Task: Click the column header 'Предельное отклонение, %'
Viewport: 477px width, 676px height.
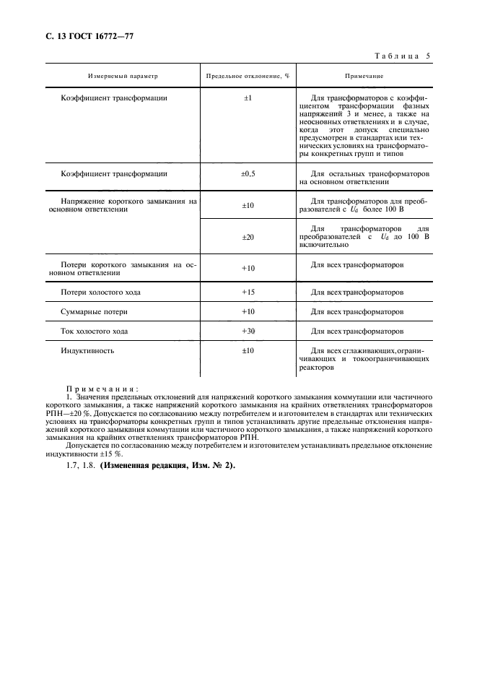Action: click(248, 75)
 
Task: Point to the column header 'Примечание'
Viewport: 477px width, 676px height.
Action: click(363, 75)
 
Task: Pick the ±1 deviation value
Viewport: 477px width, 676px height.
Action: click(248, 97)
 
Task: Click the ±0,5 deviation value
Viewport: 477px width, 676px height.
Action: click(248, 173)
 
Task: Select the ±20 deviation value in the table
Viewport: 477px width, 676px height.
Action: click(248, 236)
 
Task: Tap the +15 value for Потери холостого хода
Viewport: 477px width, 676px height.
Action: click(248, 292)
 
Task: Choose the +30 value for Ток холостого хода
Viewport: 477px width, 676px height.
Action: click(248, 331)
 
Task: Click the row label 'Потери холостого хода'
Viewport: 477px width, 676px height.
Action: click(100, 292)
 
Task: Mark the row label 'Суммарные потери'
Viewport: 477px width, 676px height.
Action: click(95, 312)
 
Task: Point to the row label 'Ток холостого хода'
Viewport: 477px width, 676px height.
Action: click(95, 331)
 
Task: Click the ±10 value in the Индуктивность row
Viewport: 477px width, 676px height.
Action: click(248, 350)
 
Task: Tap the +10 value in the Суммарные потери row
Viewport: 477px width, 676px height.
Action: click(248, 312)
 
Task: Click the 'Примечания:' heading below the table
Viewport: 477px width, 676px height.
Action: click(102, 389)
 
